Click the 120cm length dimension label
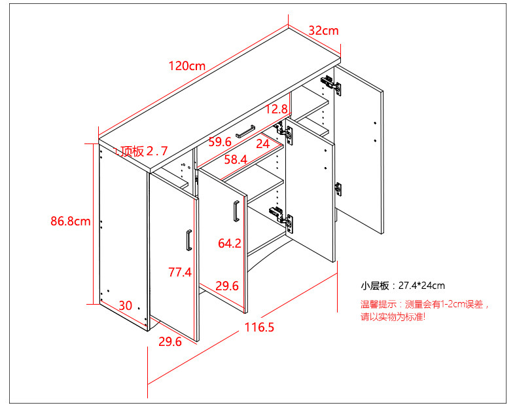(187, 66)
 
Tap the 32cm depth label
(323, 31)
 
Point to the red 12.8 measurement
(277, 109)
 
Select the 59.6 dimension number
(220, 142)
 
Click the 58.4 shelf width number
(235, 159)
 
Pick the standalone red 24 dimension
(262, 143)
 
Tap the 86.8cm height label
(70, 221)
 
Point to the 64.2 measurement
(230, 244)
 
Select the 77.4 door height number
(179, 271)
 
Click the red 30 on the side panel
(125, 305)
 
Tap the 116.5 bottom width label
(259, 327)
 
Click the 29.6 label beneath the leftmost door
(169, 341)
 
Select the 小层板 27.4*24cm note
(402, 286)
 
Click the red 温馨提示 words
(377, 304)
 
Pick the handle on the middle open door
(234, 212)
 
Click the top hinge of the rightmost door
(331, 85)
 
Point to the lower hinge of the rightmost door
(338, 189)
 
